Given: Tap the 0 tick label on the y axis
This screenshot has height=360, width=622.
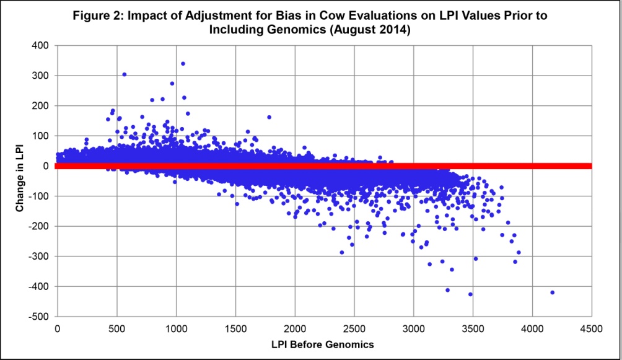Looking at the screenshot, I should (47, 165).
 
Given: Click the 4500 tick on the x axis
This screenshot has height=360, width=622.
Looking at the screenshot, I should (591, 328).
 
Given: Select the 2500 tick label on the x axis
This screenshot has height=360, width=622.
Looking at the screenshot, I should (354, 328).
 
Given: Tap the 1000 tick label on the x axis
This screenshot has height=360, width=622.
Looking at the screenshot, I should (176, 328).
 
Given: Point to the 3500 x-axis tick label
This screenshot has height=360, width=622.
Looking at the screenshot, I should (473, 328).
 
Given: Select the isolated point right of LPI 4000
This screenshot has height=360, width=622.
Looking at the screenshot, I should (552, 292).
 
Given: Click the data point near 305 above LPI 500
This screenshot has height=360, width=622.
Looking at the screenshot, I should (124, 74).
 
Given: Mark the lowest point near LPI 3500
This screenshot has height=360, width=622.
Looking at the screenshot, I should (470, 294).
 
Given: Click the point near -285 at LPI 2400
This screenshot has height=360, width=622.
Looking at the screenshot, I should (341, 252).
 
